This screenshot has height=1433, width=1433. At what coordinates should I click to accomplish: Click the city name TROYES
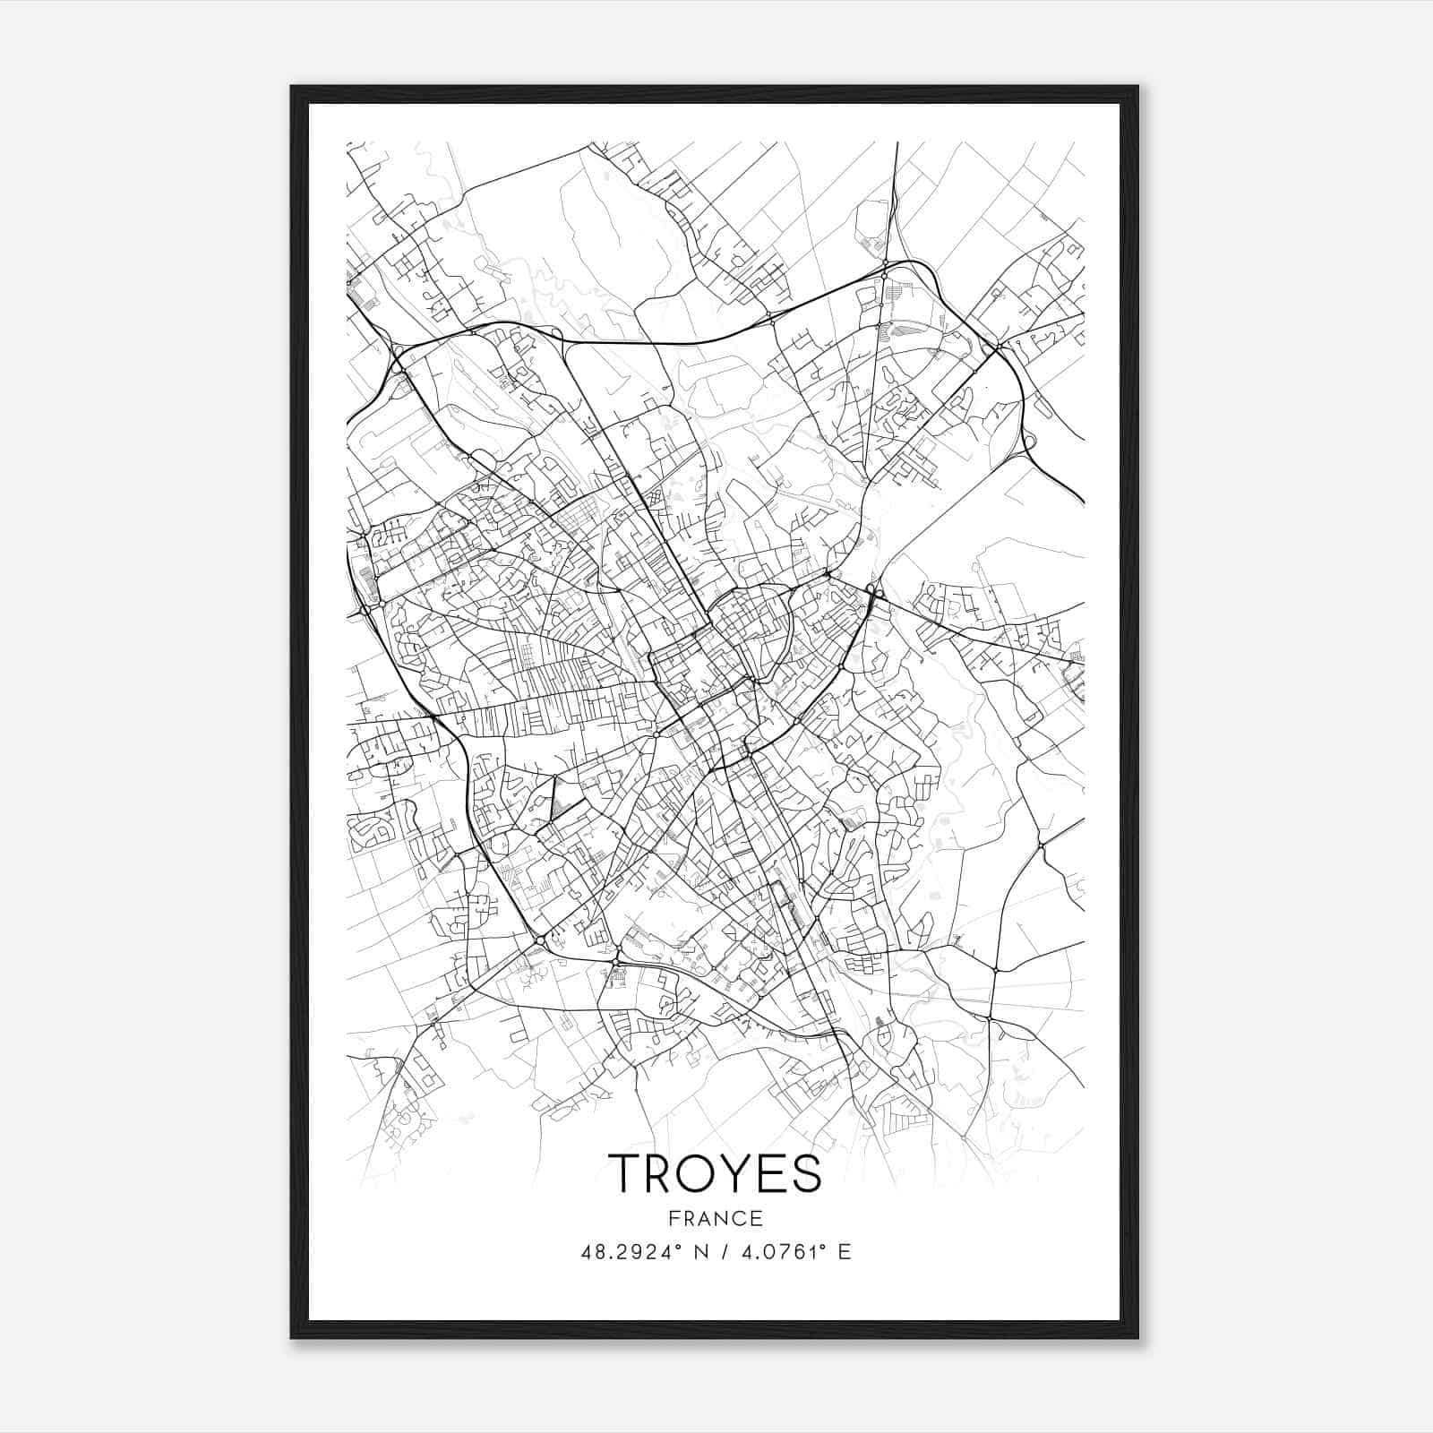[715, 1173]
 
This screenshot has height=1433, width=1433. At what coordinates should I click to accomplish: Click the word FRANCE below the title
[715, 1218]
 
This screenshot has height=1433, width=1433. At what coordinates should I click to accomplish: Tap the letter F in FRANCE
[672, 1218]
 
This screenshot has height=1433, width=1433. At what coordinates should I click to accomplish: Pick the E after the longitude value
[844, 1252]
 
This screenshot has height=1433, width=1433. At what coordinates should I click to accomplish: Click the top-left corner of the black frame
[292, 87]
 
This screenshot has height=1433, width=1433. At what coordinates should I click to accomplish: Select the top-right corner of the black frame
[1137, 87]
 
